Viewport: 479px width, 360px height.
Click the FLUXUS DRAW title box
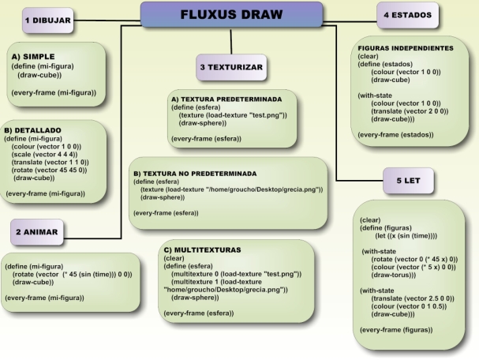[x=231, y=14]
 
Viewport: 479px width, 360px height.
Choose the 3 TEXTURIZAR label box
[x=230, y=66]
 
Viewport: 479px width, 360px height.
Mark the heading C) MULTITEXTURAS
[x=203, y=249]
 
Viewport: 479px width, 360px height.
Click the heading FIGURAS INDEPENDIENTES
[x=405, y=49]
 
